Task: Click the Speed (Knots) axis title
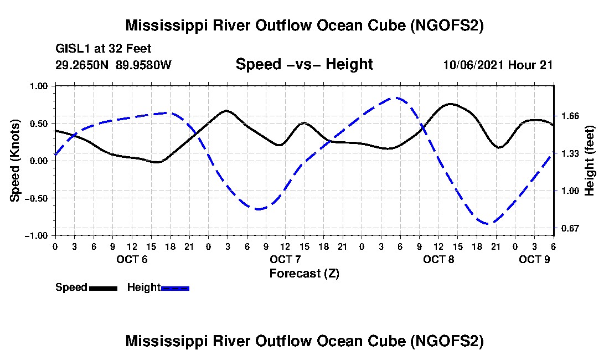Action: coord(16,161)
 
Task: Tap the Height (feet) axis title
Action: coord(590,161)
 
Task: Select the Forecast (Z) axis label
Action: coord(304,273)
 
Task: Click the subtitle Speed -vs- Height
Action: coord(304,64)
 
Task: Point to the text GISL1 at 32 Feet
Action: coord(104,49)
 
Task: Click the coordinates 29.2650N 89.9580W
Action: coord(113,65)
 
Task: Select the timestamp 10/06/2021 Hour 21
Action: coord(498,65)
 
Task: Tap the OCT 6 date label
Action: coord(132,259)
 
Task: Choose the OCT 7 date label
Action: coord(285,259)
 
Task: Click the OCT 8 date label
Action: coord(438,259)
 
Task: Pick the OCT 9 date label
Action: coord(534,259)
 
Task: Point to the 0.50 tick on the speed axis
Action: coord(40,124)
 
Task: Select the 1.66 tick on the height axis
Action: coord(570,116)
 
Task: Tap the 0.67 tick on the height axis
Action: coord(570,228)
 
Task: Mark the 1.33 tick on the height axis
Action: coord(570,153)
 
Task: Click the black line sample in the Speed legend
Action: coord(103,288)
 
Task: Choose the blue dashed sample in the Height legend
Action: coord(175,288)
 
